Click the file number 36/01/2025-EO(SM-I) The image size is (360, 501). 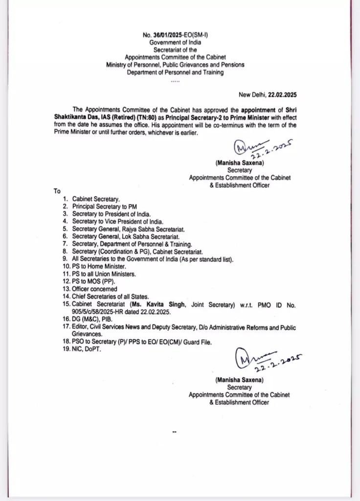click(180, 36)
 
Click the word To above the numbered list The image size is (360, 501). click(58, 191)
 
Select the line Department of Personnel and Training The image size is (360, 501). click(175, 72)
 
